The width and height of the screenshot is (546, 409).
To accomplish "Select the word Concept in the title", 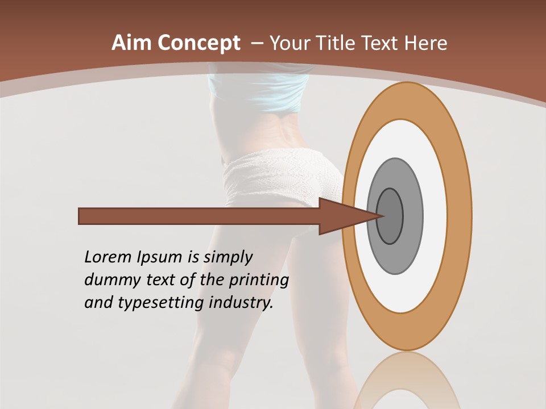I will click(x=198, y=43).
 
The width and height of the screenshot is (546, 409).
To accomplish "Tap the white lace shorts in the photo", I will click(x=279, y=176).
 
